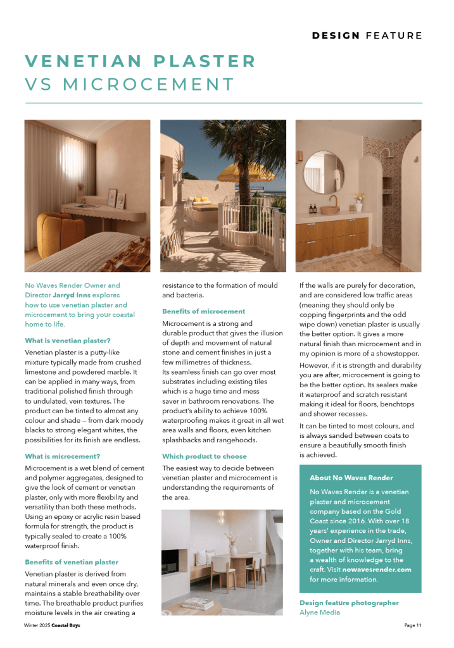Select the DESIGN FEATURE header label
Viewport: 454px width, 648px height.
click(367, 35)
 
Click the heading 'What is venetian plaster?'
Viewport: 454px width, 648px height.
click(68, 340)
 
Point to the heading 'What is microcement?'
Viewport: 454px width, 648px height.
click(63, 456)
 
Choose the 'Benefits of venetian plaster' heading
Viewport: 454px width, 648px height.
click(72, 562)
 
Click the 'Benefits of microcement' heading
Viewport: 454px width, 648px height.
click(203, 311)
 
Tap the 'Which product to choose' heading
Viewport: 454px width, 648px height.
click(205, 456)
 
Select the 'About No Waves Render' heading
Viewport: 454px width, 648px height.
click(351, 478)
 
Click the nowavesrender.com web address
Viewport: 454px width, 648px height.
click(377, 570)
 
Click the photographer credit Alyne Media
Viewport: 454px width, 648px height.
click(320, 612)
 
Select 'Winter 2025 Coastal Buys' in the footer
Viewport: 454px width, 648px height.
click(52, 625)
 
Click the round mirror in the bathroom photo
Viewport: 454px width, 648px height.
click(321, 170)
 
